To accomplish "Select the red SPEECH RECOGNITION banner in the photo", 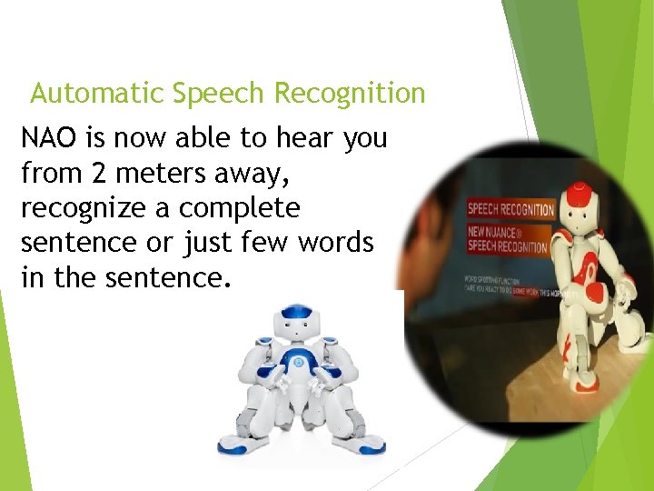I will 510,209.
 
